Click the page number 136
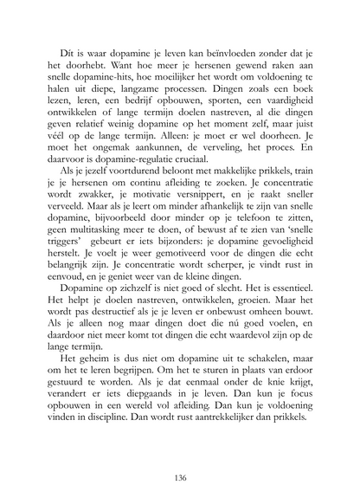click(180, 452)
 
